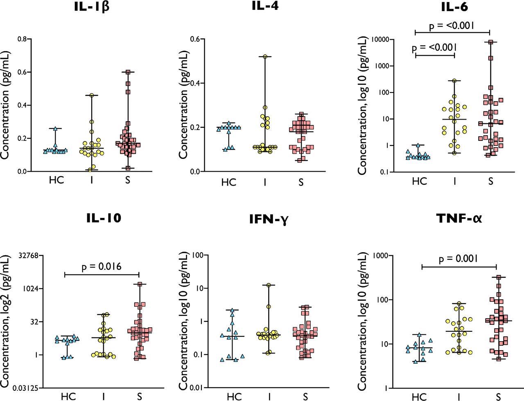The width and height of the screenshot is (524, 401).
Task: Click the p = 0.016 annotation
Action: click(x=102, y=267)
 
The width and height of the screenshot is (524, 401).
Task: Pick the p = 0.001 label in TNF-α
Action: click(x=458, y=259)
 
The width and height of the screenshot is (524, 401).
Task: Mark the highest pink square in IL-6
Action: click(x=490, y=42)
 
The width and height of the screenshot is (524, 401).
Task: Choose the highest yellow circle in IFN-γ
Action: click(x=269, y=285)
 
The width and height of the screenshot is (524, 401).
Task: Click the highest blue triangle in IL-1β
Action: click(x=56, y=129)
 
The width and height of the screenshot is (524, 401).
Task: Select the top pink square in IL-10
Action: click(x=140, y=284)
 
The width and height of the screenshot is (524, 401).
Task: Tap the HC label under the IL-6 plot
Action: click(x=419, y=181)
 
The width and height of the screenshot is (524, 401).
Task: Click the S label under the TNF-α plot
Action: click(x=499, y=396)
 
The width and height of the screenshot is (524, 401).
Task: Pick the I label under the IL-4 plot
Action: click(x=265, y=182)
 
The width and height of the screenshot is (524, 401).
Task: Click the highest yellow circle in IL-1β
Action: click(x=92, y=95)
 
